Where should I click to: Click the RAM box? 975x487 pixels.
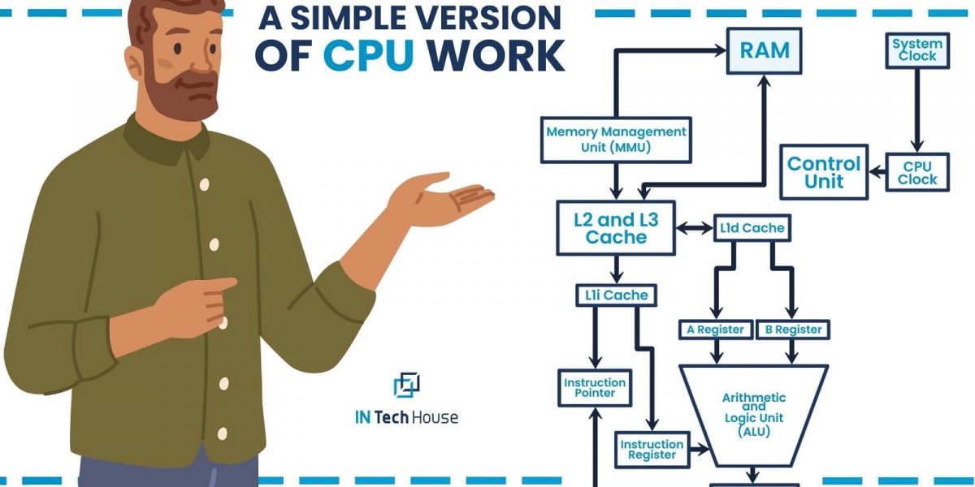click(764, 51)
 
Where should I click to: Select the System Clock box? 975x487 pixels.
click(916, 50)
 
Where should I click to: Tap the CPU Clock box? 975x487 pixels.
click(916, 173)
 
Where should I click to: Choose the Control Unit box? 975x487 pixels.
click(824, 172)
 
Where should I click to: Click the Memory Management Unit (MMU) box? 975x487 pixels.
click(616, 139)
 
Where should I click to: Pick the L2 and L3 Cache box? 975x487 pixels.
click(616, 227)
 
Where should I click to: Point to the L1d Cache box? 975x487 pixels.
click(752, 228)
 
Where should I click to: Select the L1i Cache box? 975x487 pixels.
click(616, 295)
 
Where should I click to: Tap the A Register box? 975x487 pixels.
click(715, 330)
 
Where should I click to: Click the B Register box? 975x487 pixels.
click(792, 330)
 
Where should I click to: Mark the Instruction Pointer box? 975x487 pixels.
click(595, 388)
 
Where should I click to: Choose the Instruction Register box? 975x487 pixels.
click(652, 450)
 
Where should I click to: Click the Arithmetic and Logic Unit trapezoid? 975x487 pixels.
click(754, 414)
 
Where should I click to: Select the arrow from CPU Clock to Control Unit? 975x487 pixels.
click(877, 172)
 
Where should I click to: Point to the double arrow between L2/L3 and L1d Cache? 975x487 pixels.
click(694, 228)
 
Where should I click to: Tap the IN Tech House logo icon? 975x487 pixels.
click(406, 385)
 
